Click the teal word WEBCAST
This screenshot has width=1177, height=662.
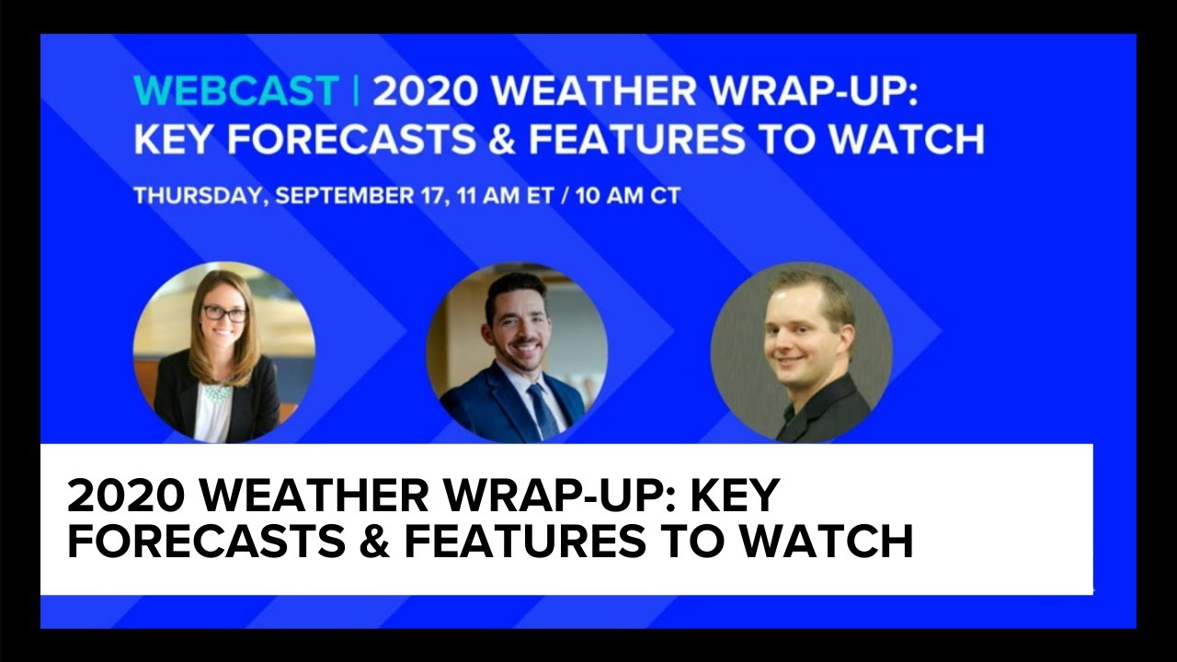pos(235,91)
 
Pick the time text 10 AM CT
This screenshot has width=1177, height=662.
pos(625,196)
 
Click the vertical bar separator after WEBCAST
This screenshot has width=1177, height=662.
pos(355,91)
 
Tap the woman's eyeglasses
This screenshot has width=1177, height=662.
pos(224,314)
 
